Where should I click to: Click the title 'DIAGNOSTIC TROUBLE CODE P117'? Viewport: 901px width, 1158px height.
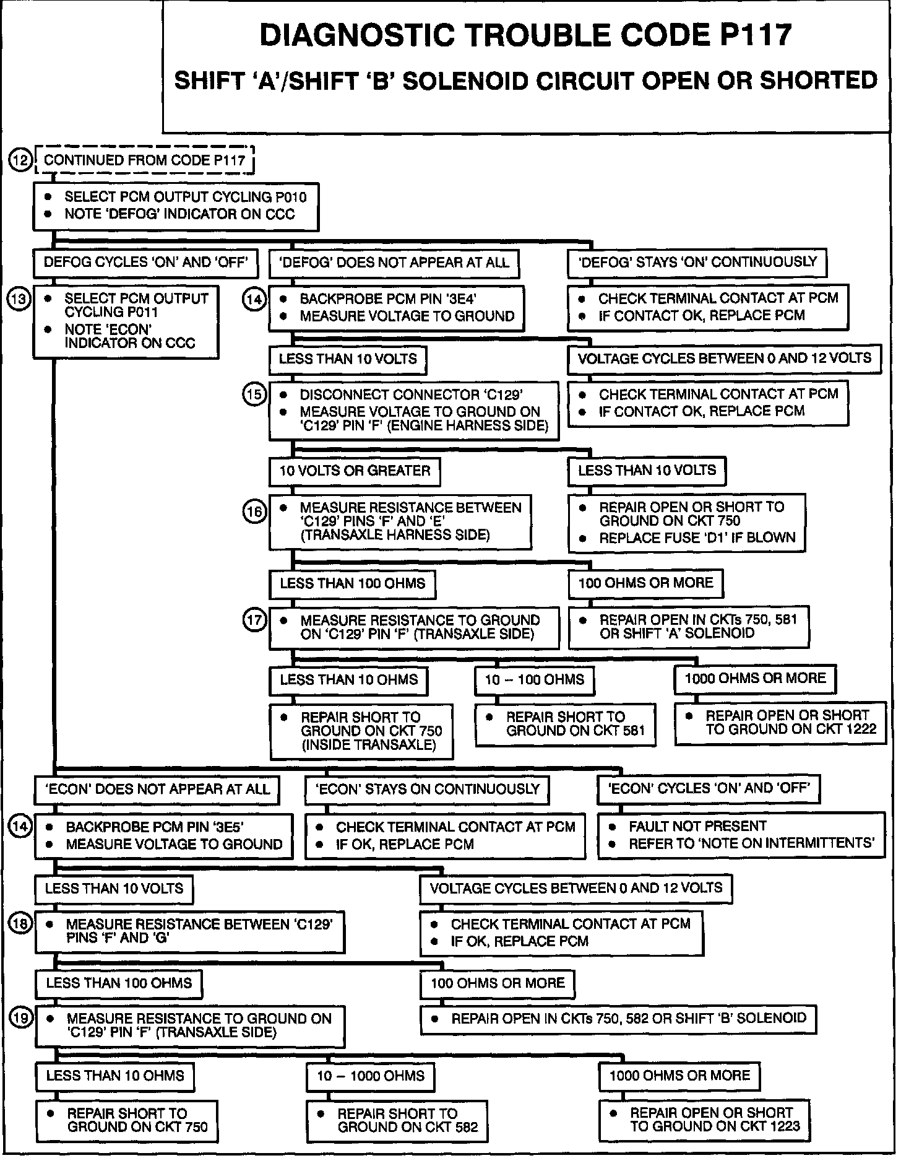pyautogui.click(x=525, y=35)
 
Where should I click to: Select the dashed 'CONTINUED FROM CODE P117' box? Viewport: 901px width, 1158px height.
pyautogui.click(x=145, y=160)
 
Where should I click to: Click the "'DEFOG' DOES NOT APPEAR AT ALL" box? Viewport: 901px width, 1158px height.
pyautogui.click(x=394, y=263)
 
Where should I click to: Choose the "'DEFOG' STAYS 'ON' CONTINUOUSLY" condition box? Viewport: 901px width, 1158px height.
pyautogui.click(x=697, y=262)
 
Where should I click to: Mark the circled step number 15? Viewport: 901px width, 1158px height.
pyautogui.click(x=254, y=394)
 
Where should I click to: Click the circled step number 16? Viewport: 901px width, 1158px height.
pyautogui.click(x=254, y=511)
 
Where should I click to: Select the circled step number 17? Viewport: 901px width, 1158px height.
pyautogui.click(x=254, y=619)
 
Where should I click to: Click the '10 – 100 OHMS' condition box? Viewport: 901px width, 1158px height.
pyautogui.click(x=534, y=680)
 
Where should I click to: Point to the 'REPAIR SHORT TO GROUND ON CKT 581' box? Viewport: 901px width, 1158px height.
pyautogui.click(x=565, y=724)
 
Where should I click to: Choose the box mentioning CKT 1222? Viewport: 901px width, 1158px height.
pyautogui.click(x=780, y=722)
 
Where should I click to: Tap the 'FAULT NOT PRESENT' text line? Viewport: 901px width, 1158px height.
pyautogui.click(x=697, y=826)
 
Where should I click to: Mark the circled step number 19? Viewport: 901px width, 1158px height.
pyautogui.click(x=22, y=1018)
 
